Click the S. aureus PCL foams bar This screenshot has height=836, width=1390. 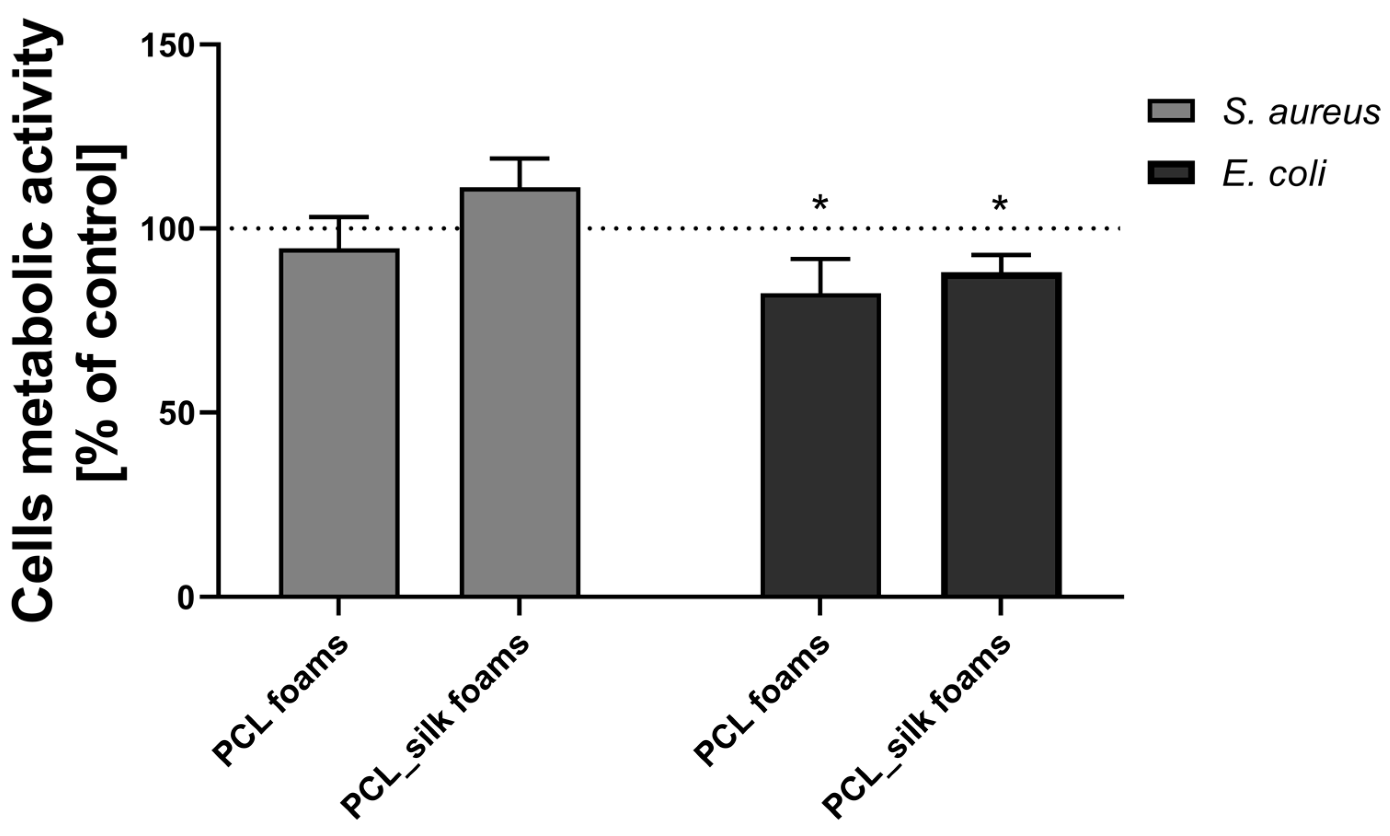coord(339,422)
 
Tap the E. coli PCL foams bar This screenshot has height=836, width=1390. coord(820,445)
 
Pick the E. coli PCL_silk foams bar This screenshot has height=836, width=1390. coord(1000,434)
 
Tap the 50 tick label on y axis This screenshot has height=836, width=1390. coord(176,413)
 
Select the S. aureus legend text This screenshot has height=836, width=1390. coord(1301,112)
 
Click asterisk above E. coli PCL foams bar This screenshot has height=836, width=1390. coord(820,203)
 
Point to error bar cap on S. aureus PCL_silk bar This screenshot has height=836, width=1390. coord(520,159)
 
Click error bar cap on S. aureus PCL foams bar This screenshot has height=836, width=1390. coord(339,217)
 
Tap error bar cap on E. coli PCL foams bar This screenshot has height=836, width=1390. coord(820,259)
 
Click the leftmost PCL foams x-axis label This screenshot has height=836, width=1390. coord(280,701)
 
